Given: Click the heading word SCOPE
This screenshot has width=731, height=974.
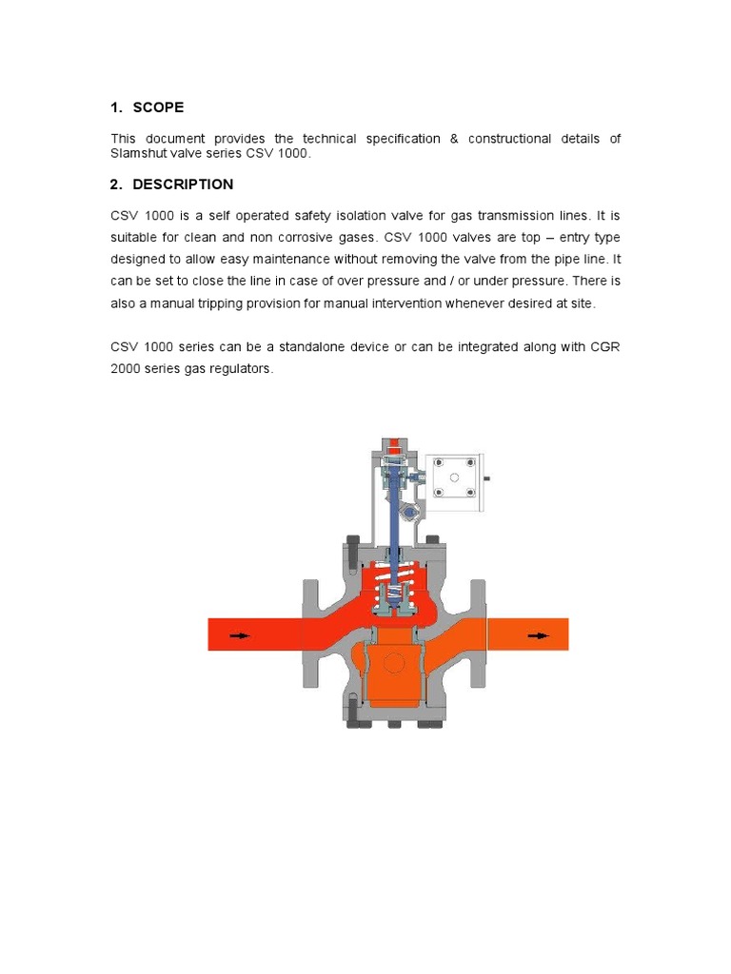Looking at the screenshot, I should pyautogui.click(x=158, y=107).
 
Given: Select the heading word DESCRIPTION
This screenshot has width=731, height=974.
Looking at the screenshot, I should pyautogui.click(x=183, y=185).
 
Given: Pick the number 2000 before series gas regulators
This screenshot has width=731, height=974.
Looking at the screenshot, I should pyautogui.click(x=127, y=369).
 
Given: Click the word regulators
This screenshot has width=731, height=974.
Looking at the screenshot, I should pyautogui.click(x=242, y=369).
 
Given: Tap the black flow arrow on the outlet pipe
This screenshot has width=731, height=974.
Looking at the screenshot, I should pyautogui.click(x=539, y=635).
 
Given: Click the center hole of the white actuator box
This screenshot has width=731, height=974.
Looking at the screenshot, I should pyautogui.click(x=454, y=477).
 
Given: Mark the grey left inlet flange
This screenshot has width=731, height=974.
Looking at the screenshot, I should pyautogui.click(x=313, y=633).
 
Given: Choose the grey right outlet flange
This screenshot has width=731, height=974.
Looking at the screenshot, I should pyautogui.click(x=477, y=633).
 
